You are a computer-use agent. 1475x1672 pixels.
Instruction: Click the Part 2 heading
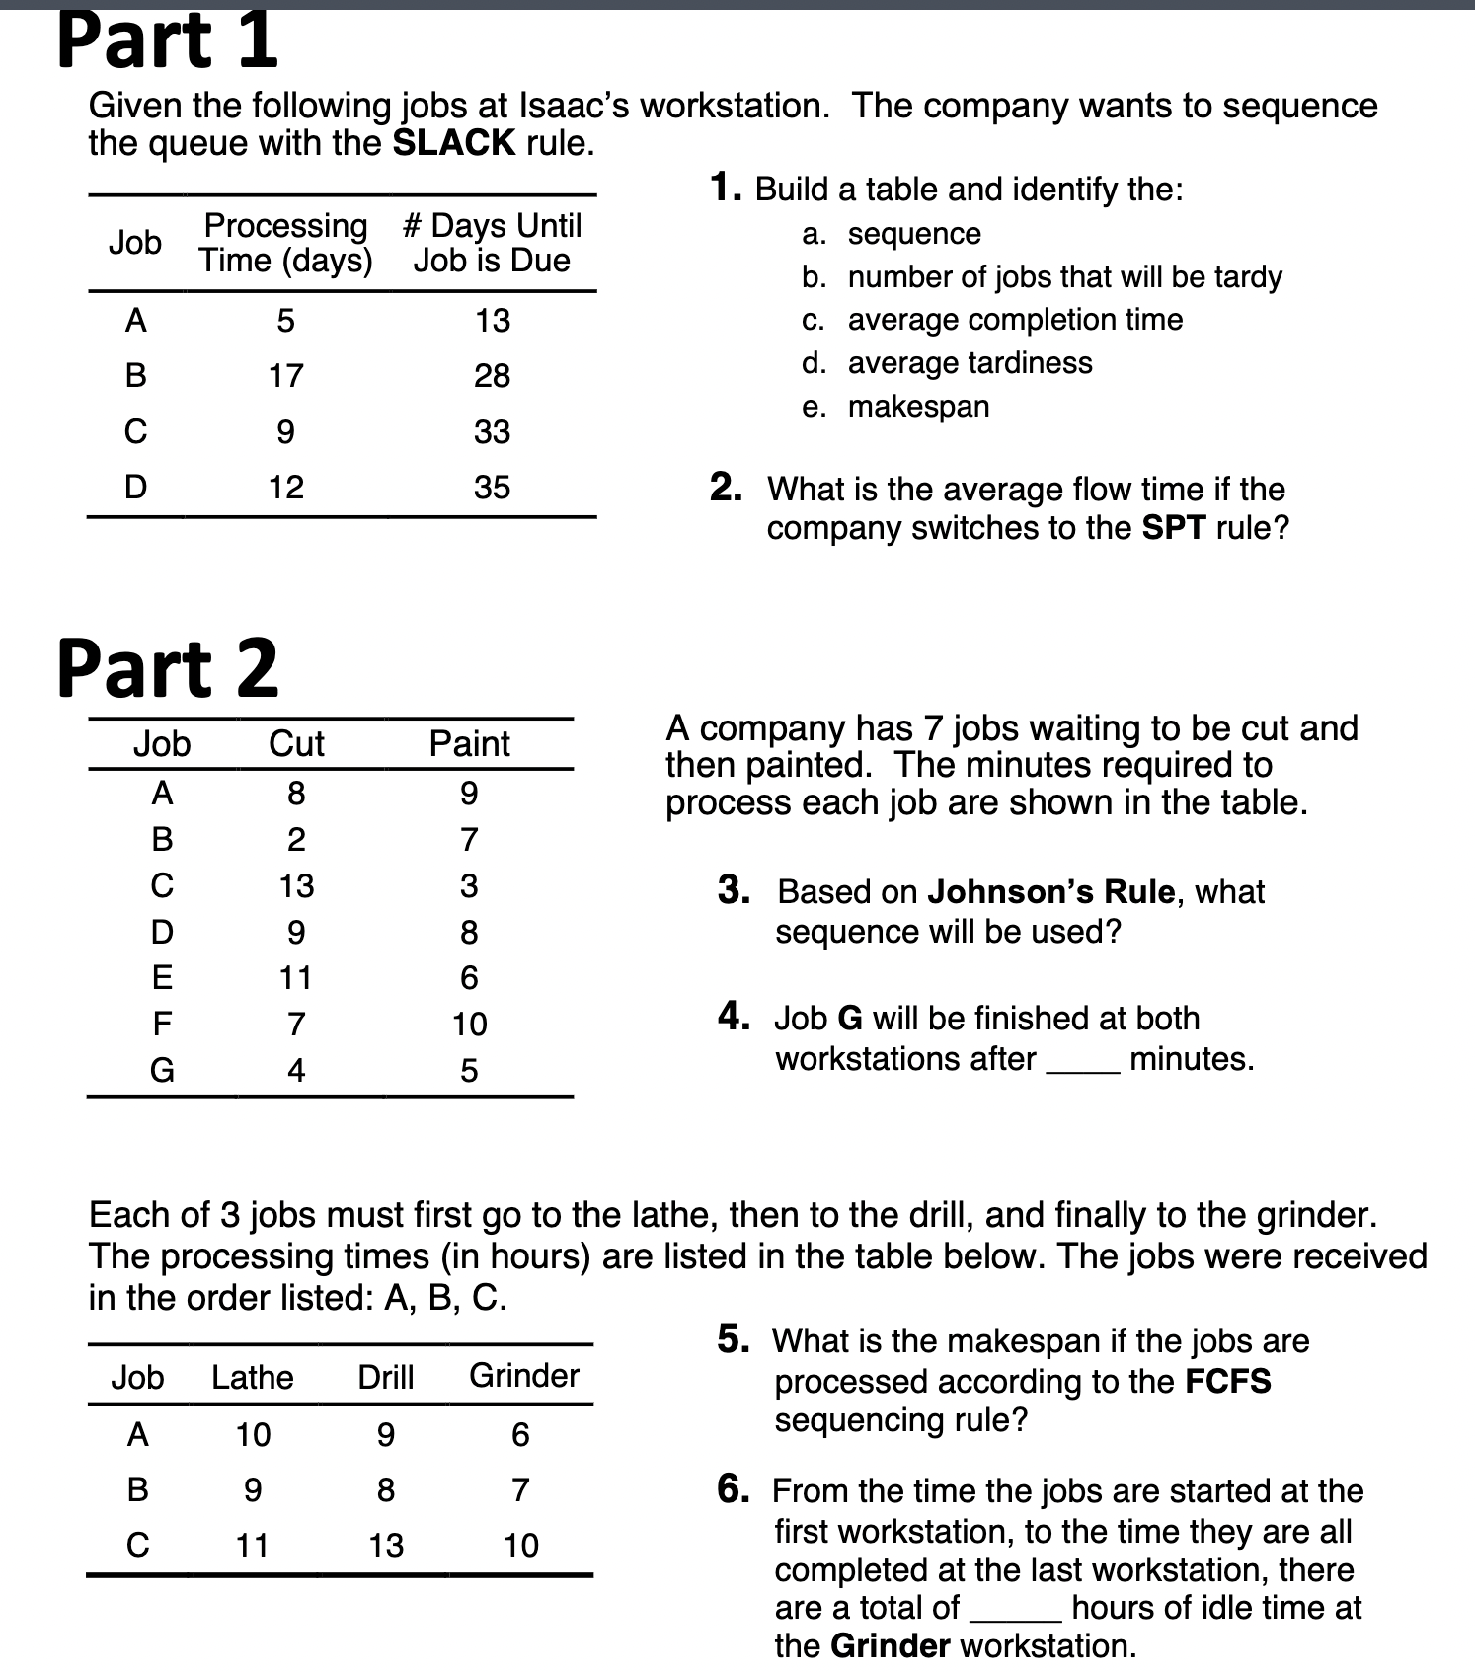[167, 668]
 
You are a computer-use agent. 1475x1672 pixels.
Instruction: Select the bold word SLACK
[454, 144]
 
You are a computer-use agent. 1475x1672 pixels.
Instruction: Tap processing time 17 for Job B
[286, 376]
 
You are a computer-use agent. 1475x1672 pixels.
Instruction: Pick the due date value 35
[492, 487]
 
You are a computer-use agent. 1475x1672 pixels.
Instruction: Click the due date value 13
[492, 321]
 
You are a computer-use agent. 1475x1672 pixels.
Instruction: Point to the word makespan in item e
[918, 407]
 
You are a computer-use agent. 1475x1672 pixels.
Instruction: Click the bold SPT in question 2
[1173, 528]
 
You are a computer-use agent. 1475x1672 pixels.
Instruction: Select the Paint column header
[469, 743]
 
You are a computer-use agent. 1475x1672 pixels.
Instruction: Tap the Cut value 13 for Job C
[296, 885]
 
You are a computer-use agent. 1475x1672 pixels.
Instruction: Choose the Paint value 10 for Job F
[469, 1024]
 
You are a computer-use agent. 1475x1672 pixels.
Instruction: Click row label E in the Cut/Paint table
[162, 977]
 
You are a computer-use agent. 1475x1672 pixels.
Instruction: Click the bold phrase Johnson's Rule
[1051, 892]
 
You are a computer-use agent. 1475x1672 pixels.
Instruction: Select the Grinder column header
[523, 1375]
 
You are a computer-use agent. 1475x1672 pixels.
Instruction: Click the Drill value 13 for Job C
[386, 1545]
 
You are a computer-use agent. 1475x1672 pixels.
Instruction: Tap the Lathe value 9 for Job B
[253, 1489]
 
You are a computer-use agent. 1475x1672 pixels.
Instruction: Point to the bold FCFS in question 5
[1227, 1381]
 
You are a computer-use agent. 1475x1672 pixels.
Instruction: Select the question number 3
[733, 890]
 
